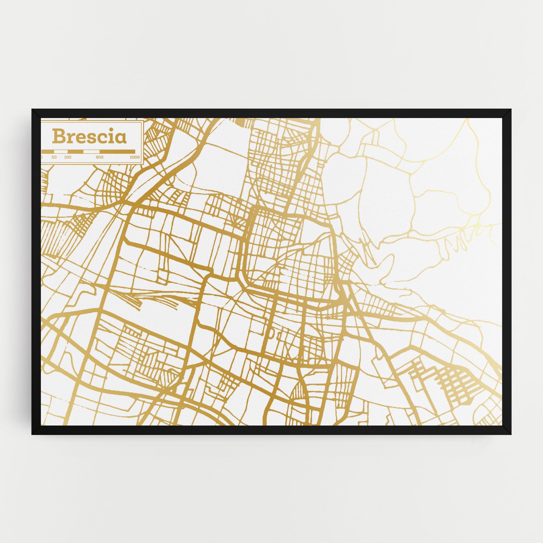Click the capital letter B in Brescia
pyautogui.click(x=58, y=137)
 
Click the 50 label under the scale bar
pyautogui.click(x=54, y=157)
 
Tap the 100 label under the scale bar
pyautogui.click(x=67, y=157)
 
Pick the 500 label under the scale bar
pyautogui.click(x=99, y=157)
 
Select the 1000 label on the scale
pyautogui.click(x=134, y=157)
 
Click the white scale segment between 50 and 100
pyautogui.click(x=61, y=151)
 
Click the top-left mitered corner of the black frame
pyautogui.click(x=36, y=113)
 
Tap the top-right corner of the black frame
pyautogui.click(x=507, y=113)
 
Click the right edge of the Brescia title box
pyautogui.click(x=143, y=142)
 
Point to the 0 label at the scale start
pyautogui.click(x=42, y=157)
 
